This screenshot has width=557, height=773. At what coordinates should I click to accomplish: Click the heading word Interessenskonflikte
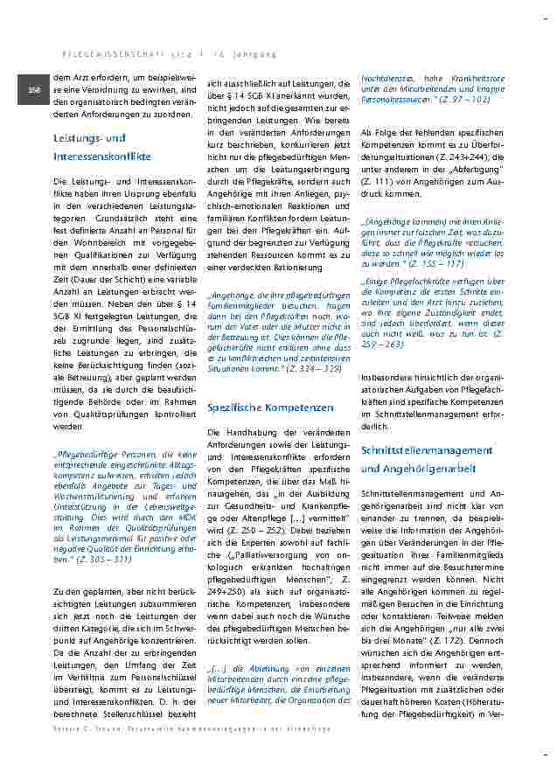tap(101, 157)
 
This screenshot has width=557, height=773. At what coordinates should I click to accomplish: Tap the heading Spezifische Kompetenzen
tap(270, 407)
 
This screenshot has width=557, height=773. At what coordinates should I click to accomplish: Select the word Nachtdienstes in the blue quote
tap(388, 80)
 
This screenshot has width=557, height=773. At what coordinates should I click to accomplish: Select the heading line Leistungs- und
tap(89, 138)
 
